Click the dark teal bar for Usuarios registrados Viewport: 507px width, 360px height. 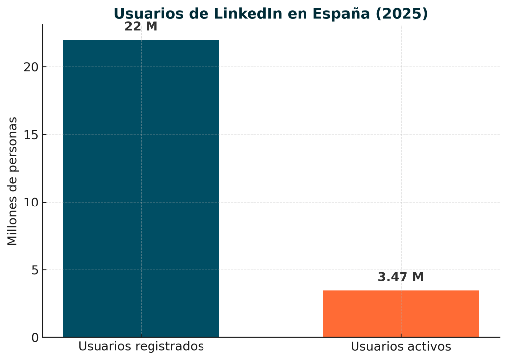tap(141, 188)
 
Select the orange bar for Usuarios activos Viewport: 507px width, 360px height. tap(401, 313)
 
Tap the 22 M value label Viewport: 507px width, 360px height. tap(141, 27)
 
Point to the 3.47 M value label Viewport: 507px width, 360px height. tap(401, 277)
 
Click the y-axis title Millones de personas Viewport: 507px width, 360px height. tap(13, 181)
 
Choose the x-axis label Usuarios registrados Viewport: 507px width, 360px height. tap(141, 347)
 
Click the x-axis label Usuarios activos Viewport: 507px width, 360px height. tap(401, 347)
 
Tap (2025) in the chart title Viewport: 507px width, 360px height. tap(402, 14)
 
